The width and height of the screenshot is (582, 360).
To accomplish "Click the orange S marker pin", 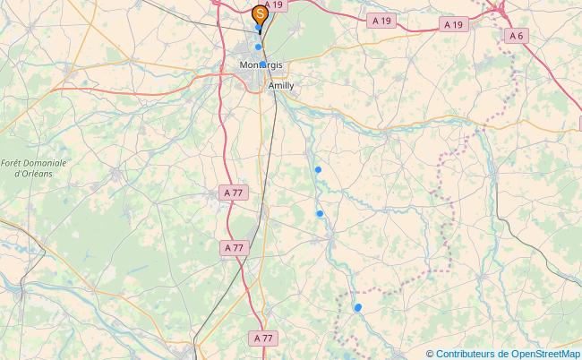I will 260,14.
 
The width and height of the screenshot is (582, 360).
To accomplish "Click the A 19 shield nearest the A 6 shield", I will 454,25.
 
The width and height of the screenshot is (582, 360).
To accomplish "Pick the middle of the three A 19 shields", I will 381,20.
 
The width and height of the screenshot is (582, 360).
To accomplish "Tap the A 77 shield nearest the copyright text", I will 263,338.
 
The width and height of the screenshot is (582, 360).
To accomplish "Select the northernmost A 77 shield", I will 233,193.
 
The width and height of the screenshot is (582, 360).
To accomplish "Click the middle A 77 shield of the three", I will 235,247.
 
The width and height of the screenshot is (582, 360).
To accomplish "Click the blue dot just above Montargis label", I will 259,47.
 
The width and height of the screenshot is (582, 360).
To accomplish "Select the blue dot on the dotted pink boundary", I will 358,307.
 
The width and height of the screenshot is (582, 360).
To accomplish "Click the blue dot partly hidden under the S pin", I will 259,28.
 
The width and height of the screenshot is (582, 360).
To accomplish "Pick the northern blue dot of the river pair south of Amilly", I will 318,169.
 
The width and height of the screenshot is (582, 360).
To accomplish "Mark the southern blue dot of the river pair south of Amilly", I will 320,213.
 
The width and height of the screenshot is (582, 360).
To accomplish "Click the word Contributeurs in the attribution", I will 462,353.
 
